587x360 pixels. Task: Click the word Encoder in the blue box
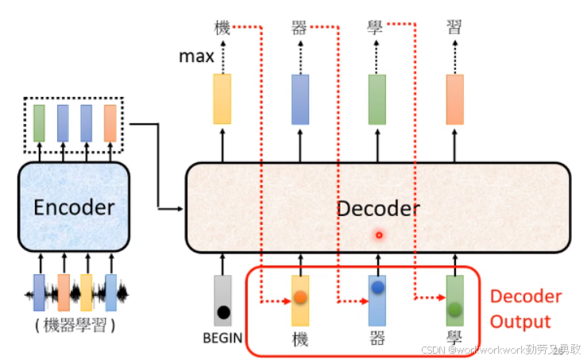74,207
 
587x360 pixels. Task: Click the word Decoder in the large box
378,208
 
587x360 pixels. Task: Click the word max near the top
195,56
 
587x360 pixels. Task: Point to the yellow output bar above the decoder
222,99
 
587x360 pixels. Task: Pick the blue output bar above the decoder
299,99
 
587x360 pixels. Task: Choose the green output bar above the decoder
377,99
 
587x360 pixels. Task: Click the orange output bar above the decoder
454,99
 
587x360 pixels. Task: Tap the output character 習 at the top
454,29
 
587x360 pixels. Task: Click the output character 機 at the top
222,29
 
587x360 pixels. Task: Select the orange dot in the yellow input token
300,297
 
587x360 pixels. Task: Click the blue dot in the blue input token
377,287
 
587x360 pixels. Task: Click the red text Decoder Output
525,309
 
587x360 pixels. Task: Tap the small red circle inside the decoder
379,235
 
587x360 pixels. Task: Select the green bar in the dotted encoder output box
39,122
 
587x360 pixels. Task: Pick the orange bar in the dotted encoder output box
110,122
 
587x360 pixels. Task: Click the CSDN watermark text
500,349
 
